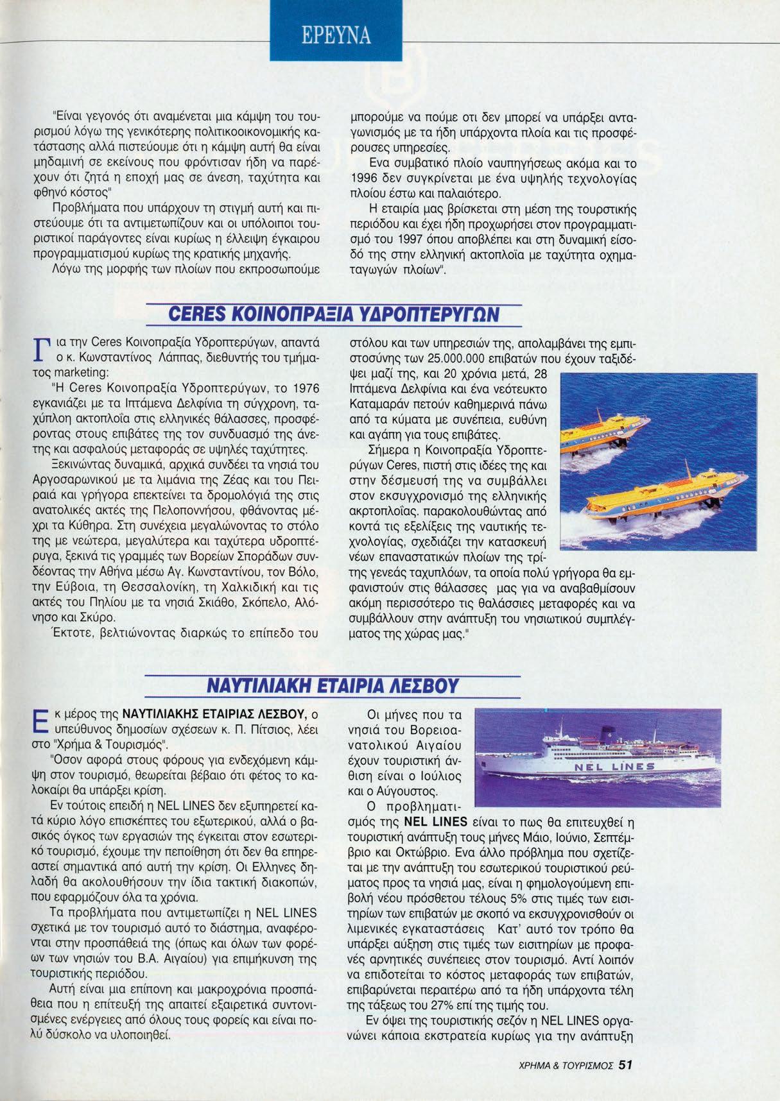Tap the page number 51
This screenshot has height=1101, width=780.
(626, 1066)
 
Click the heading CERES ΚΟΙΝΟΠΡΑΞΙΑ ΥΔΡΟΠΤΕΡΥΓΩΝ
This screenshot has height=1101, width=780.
(333, 314)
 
